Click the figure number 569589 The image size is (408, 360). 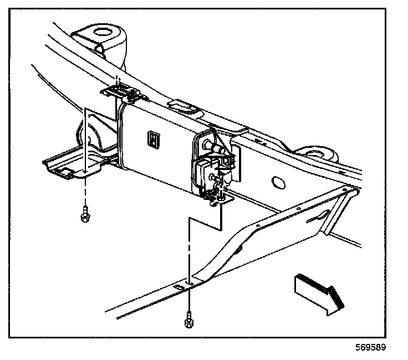point(371,347)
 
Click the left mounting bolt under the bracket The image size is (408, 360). point(85,214)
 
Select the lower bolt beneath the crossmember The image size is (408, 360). point(189,320)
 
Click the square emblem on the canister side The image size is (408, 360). point(154,140)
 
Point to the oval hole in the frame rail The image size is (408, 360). point(278,183)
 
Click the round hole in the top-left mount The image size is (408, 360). point(103,32)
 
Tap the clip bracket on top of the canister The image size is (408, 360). point(123,93)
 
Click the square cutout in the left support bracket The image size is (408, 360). point(64,171)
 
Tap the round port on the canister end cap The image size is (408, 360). point(208,143)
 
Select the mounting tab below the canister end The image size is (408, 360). point(221,200)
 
